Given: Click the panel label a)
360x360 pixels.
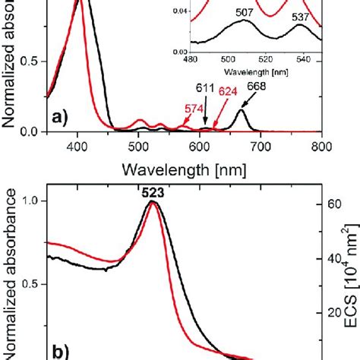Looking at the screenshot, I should click(x=62, y=118).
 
